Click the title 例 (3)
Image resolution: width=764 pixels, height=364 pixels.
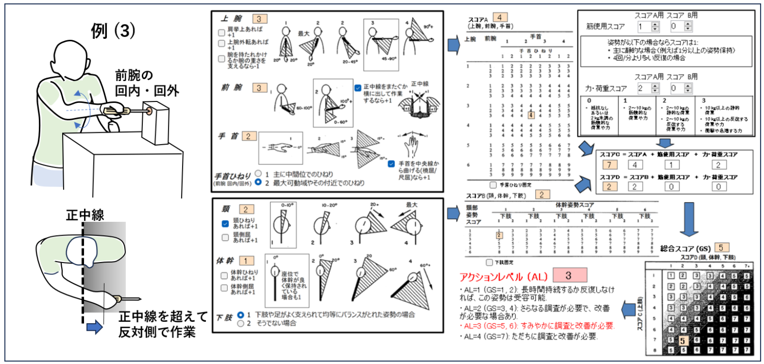coord(113,31)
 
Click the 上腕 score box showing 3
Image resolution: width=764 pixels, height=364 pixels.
coord(260,19)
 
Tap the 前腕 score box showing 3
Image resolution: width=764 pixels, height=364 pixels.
coord(260,88)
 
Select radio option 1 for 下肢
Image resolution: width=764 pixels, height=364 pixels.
coord(241,315)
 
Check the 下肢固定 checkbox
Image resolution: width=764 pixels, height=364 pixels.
coord(489,261)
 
